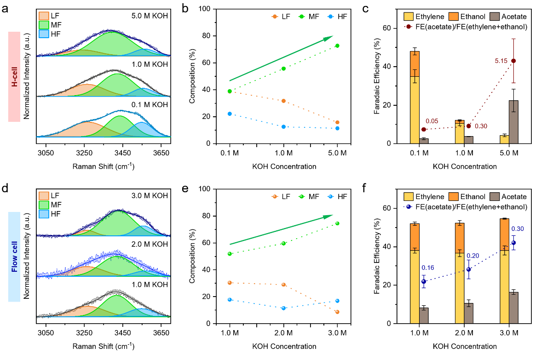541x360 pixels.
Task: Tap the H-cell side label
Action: [x=14, y=76]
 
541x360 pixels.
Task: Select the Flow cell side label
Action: [x=14, y=257]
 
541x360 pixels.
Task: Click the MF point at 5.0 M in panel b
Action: [x=338, y=46]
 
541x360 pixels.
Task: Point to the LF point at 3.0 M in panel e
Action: [x=338, y=312]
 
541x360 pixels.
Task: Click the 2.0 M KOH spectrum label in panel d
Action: [x=149, y=244]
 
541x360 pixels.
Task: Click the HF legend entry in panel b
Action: [x=338, y=17]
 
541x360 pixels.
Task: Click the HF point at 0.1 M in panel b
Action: [x=230, y=114]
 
